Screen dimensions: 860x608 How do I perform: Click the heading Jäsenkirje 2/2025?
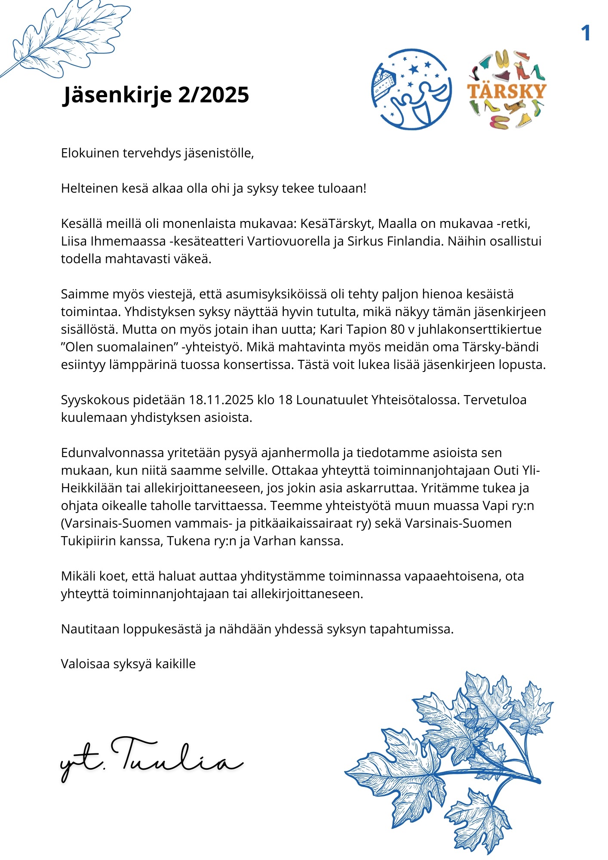[156, 95]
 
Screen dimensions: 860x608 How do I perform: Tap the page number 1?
[586, 34]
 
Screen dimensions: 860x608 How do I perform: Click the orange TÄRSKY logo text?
[507, 91]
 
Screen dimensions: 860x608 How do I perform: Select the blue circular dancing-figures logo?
[411, 89]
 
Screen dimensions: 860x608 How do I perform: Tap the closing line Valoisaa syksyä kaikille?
[128, 664]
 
